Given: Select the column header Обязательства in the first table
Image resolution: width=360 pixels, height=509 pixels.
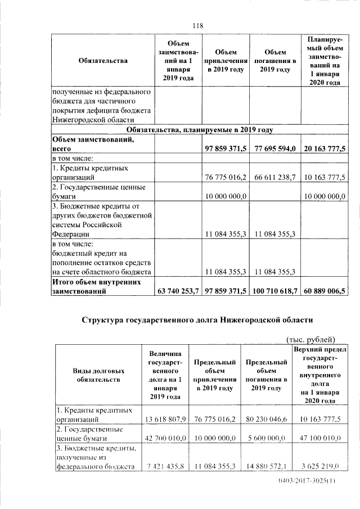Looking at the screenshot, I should coord(103,61).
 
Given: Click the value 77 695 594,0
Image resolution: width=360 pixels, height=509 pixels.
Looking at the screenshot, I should coord(275,149).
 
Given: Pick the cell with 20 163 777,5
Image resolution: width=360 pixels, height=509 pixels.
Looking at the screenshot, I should coord(325,149).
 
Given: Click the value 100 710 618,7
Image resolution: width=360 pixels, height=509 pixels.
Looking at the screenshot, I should coord(274,291).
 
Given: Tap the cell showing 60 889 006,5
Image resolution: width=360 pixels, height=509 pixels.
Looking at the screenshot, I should coord(325,291).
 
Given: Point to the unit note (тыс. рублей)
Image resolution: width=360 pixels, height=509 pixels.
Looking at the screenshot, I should coord(311,339).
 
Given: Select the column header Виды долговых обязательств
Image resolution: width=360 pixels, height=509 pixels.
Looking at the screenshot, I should coord(98,376).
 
